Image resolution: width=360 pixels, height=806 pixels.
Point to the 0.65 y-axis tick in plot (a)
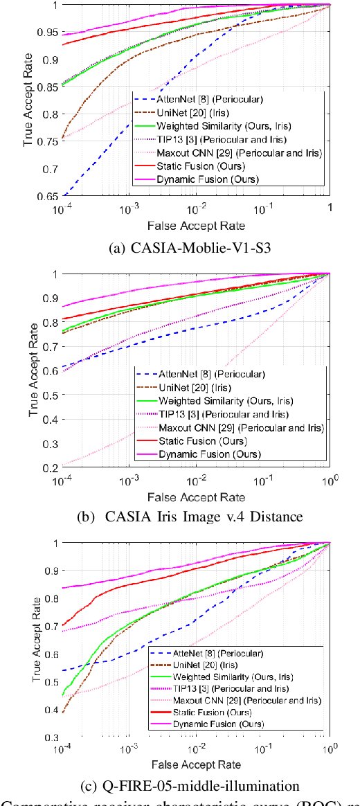(x=49, y=197)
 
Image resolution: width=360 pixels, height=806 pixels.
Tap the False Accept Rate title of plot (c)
(x=197, y=764)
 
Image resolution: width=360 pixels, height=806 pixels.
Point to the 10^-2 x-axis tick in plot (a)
(x=196, y=209)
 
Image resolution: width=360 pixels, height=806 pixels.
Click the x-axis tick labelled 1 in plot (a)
(x=330, y=208)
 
